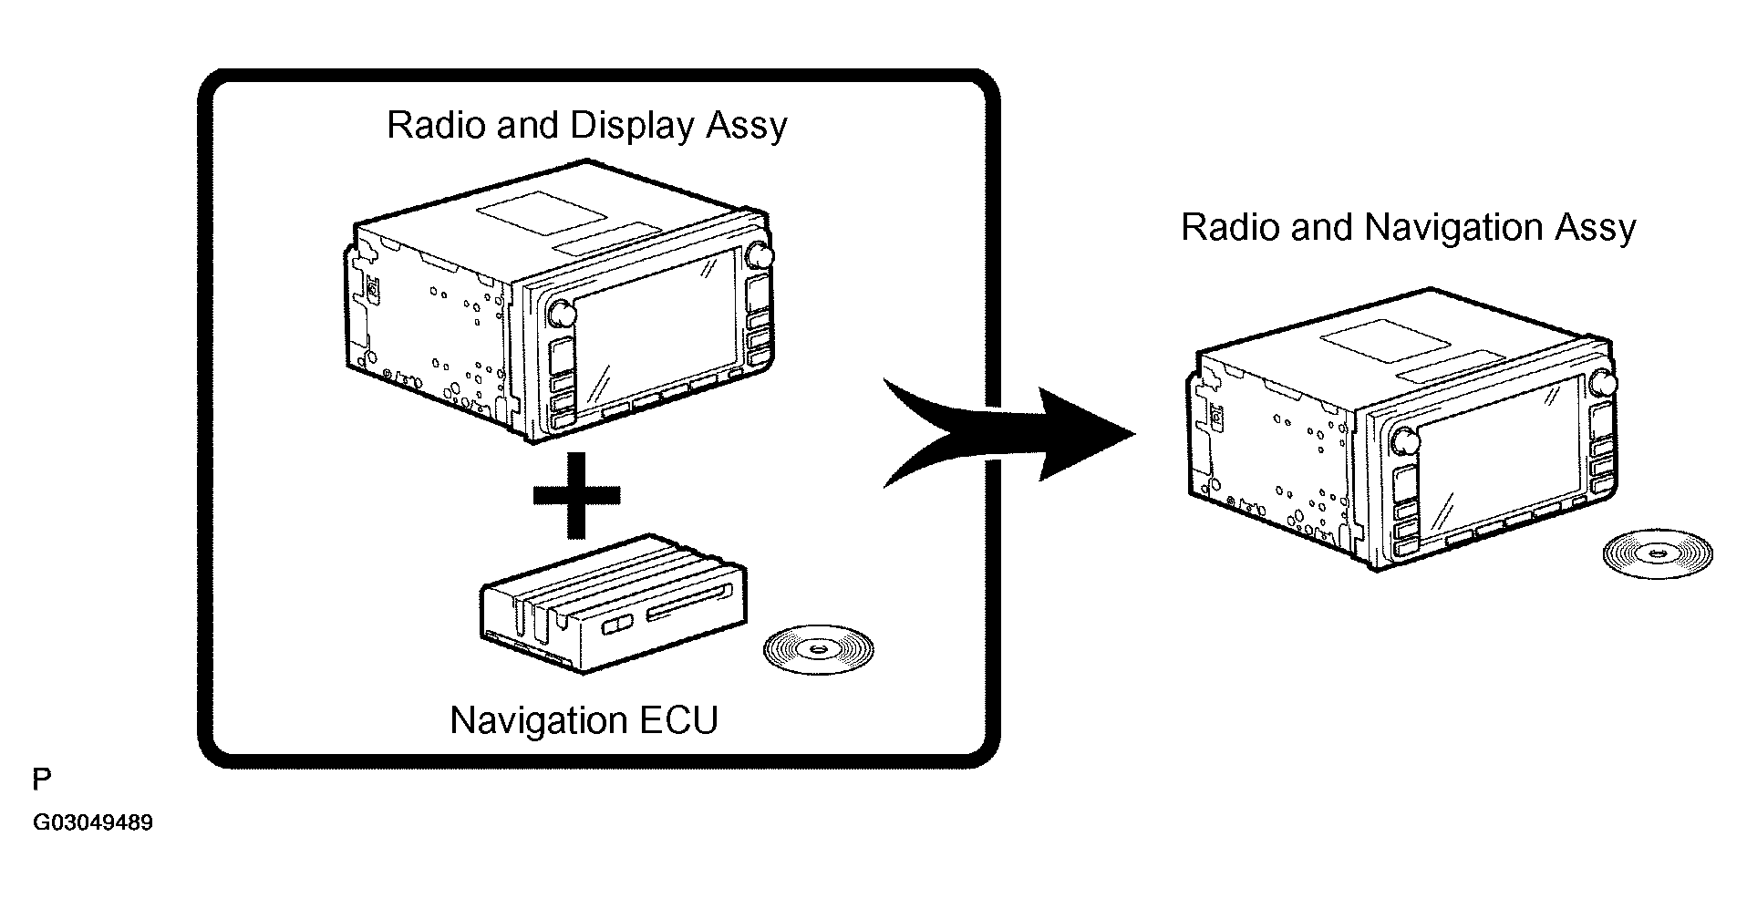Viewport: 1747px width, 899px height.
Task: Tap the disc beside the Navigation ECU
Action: pyautogui.click(x=818, y=649)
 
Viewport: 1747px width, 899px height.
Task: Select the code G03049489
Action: pyautogui.click(x=93, y=823)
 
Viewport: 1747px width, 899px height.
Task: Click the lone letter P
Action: pyautogui.click(x=42, y=780)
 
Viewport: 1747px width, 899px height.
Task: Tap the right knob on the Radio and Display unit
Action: pyautogui.click(x=759, y=255)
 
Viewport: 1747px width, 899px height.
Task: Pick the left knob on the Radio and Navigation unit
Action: pyautogui.click(x=1405, y=441)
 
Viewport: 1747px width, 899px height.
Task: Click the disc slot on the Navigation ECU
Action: pyautogui.click(x=689, y=605)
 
